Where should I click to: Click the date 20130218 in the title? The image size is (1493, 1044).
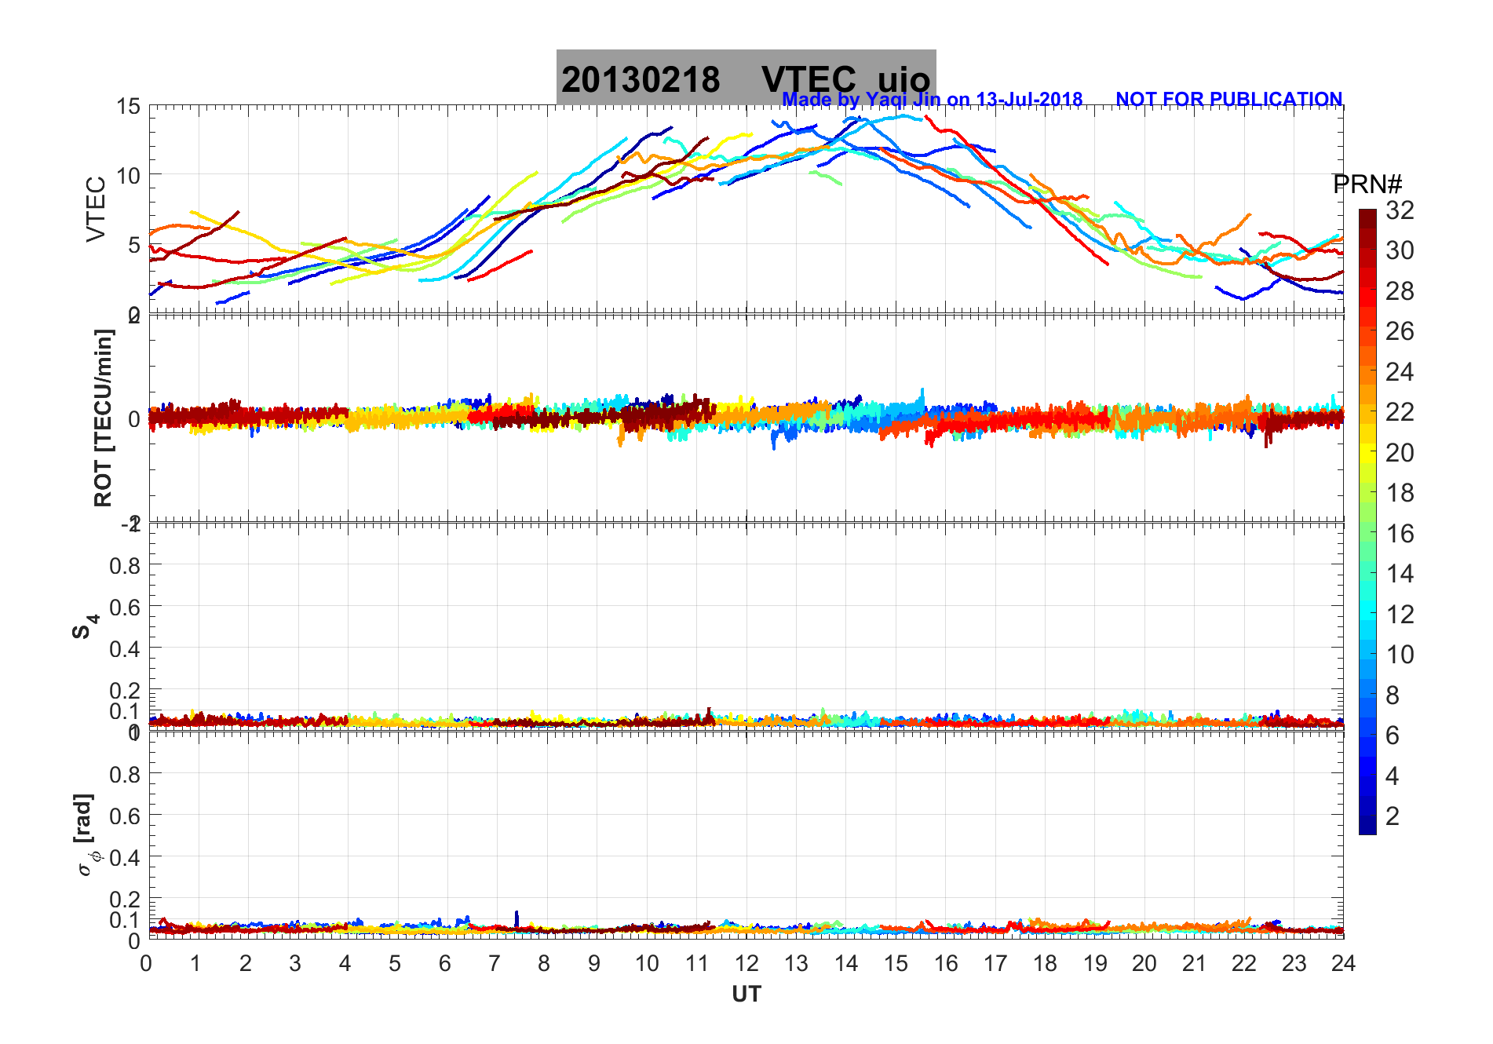[641, 80]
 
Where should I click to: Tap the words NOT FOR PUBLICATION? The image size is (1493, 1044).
[1228, 100]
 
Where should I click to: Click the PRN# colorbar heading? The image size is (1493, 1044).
[1367, 184]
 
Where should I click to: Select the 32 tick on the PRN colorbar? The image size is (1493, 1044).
[1400, 210]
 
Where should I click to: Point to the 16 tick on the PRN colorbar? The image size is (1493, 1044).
[1400, 534]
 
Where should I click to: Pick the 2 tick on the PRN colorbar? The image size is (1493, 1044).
[1393, 816]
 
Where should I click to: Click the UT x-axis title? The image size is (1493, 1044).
[746, 995]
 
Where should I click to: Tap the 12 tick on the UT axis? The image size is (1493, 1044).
[746, 963]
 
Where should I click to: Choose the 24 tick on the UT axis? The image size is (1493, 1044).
[1343, 963]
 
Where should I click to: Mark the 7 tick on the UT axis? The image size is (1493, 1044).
[494, 963]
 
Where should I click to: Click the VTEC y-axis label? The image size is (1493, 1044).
[96, 210]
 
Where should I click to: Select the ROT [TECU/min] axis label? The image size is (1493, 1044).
[103, 418]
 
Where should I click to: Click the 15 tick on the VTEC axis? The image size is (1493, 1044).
[128, 106]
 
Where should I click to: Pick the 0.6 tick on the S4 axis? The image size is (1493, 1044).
[125, 607]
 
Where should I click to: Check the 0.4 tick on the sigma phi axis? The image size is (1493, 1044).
[125, 857]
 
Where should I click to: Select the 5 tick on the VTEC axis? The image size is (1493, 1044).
[133, 245]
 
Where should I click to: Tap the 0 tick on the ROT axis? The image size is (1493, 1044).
[133, 418]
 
